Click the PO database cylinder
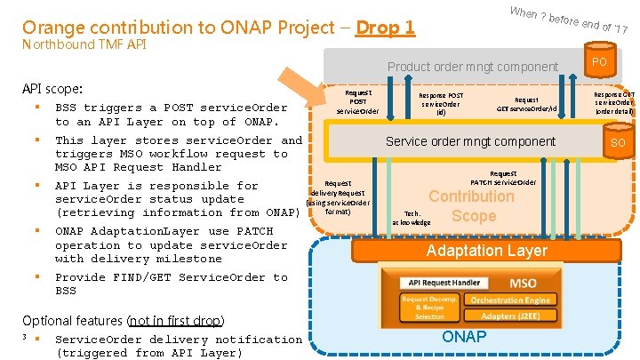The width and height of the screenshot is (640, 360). pyautogui.click(x=599, y=61)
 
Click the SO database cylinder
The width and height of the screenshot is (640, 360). pyautogui.click(x=618, y=142)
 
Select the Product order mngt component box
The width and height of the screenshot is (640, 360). pyautogui.click(x=472, y=67)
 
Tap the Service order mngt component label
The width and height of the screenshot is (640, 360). pyautogui.click(x=470, y=141)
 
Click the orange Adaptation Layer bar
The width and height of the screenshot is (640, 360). pyautogui.click(x=487, y=251)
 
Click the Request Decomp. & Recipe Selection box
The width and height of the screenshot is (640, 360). pyautogui.click(x=429, y=308)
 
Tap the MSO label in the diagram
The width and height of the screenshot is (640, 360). pyautogui.click(x=523, y=283)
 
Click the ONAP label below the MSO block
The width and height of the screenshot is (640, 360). pyautogui.click(x=464, y=336)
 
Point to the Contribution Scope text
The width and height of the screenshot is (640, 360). pyautogui.click(x=472, y=205)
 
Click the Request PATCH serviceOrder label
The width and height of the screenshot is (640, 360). pyautogui.click(x=503, y=178)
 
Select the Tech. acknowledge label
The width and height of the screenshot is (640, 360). pyautogui.click(x=410, y=218)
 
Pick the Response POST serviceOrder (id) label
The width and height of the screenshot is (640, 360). pyautogui.click(x=442, y=103)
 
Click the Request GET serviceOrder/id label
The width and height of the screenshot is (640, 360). pyautogui.click(x=526, y=104)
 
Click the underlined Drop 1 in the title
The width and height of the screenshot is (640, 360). pyautogui.click(x=385, y=28)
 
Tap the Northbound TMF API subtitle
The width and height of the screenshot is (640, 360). pyautogui.click(x=84, y=44)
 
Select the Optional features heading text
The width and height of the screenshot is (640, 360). pyautogui.click(x=123, y=320)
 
